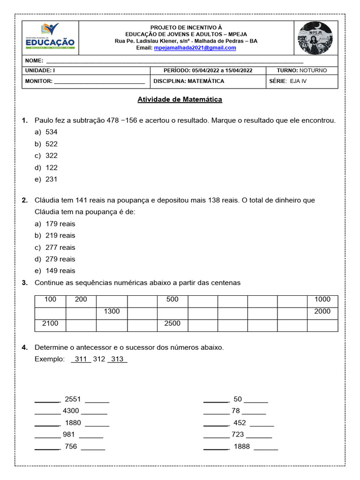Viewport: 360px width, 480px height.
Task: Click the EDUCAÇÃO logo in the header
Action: click(50, 37)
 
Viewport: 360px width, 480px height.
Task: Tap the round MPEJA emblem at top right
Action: click(315, 38)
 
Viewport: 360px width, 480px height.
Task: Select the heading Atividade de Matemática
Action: click(180, 99)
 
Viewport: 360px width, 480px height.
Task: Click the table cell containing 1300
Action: click(112, 311)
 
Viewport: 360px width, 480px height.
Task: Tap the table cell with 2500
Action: click(172, 323)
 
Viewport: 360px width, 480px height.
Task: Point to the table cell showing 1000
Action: click(322, 299)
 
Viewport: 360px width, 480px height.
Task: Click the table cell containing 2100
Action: click(50, 323)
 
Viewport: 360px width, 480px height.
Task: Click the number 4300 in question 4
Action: click(71, 411)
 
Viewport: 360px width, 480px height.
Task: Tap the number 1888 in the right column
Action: click(241, 447)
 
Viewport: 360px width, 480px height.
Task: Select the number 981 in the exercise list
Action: click(68, 435)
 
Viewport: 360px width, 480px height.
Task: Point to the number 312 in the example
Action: click(99, 359)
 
